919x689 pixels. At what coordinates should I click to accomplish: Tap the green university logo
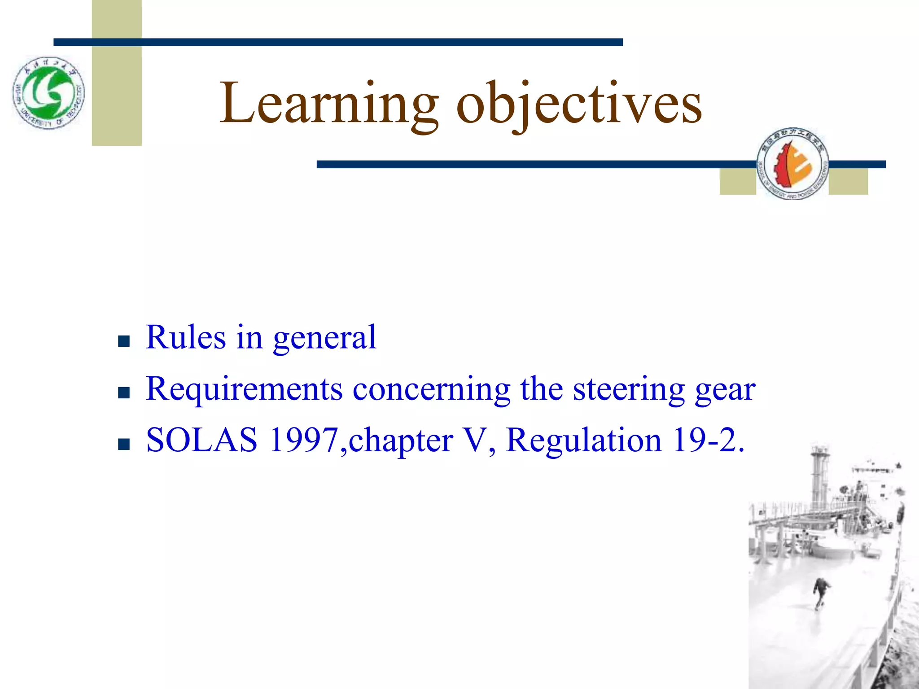(x=48, y=93)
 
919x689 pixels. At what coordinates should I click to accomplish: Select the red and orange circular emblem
(x=792, y=163)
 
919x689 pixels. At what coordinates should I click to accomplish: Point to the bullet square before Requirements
(x=123, y=392)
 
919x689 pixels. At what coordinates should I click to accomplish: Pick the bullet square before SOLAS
(x=123, y=444)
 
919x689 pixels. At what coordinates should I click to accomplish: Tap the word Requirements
(x=245, y=389)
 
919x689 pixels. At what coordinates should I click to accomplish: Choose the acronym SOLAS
(x=202, y=440)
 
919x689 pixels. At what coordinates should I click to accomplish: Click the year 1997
(x=304, y=440)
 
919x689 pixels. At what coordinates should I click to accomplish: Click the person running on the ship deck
(x=821, y=592)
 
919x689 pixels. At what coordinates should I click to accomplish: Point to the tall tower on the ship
(x=819, y=475)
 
